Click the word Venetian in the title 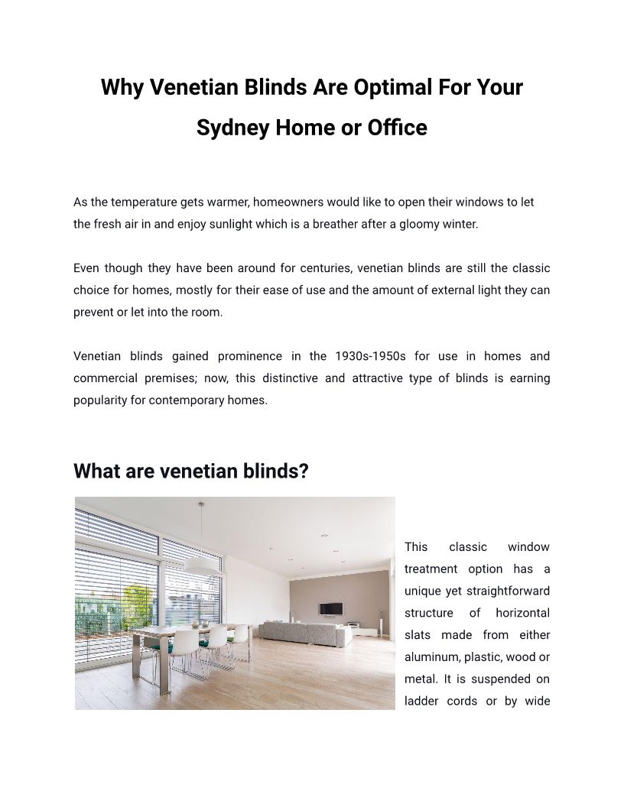point(193,87)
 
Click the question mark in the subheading point(304,472)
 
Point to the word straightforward point(505,591)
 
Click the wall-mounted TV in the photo point(331,608)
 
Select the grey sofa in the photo point(301,632)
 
